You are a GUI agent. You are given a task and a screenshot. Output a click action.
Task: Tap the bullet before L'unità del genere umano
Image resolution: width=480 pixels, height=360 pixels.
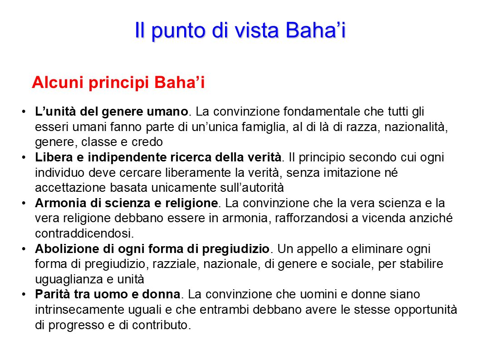pos(23,112)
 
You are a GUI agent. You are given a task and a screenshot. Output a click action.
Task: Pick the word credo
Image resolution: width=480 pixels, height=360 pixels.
pos(147,142)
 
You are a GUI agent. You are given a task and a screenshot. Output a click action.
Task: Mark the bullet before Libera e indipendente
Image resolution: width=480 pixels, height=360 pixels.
pos(23,157)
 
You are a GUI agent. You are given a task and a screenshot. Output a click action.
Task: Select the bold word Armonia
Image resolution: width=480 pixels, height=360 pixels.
pos(56,203)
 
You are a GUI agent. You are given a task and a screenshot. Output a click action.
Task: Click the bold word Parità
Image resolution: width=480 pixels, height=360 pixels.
pos(49,295)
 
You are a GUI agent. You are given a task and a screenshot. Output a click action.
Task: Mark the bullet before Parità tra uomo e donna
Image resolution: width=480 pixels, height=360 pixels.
pos(23,295)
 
